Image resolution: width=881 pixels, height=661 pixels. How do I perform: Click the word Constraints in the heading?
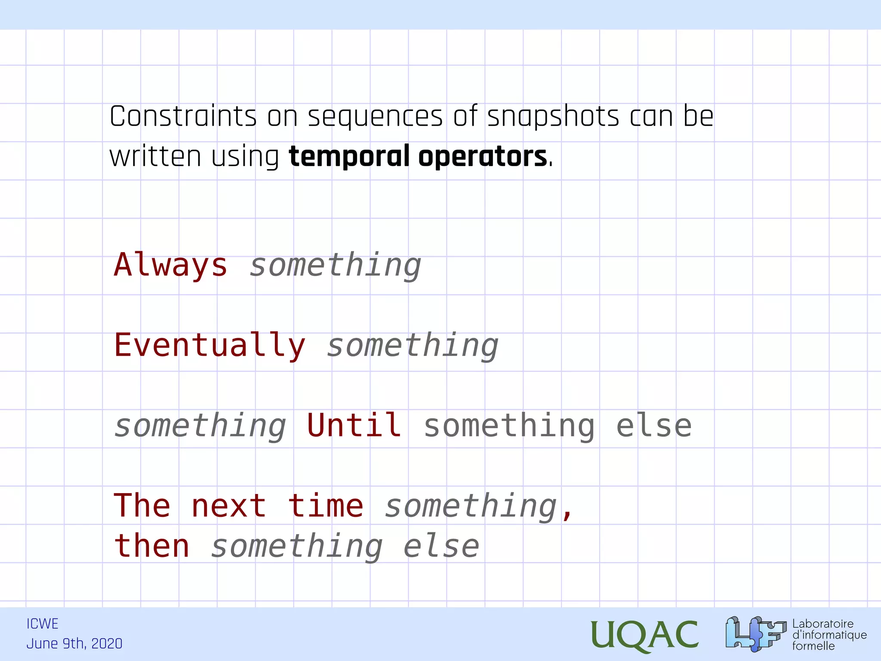click(x=183, y=117)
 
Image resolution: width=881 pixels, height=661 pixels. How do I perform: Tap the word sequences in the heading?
click(x=375, y=117)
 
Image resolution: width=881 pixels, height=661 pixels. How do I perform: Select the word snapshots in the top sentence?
click(x=553, y=117)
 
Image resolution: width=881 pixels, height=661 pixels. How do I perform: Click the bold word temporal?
click(x=349, y=157)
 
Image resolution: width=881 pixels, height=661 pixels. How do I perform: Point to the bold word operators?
click(x=482, y=157)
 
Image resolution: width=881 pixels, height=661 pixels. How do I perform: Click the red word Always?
click(x=170, y=265)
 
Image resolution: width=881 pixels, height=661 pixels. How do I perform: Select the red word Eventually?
click(x=209, y=346)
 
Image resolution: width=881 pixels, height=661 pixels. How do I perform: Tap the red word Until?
click(x=354, y=426)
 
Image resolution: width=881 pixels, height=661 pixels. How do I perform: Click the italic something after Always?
click(x=335, y=266)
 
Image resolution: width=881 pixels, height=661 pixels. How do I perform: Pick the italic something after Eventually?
click(x=413, y=346)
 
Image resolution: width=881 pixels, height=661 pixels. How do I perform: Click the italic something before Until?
click(x=200, y=426)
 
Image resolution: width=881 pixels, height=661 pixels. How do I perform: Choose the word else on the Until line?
click(x=653, y=426)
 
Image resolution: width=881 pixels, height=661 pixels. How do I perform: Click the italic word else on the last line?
click(x=441, y=547)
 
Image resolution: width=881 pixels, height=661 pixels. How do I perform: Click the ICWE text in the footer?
click(x=42, y=624)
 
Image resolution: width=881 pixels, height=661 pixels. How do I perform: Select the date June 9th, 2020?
click(x=74, y=644)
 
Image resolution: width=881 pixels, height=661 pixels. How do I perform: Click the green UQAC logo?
click(x=644, y=635)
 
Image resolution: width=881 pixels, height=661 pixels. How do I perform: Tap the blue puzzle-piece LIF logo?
click(x=755, y=634)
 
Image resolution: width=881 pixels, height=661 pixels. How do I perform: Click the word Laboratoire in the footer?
click(x=822, y=624)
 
